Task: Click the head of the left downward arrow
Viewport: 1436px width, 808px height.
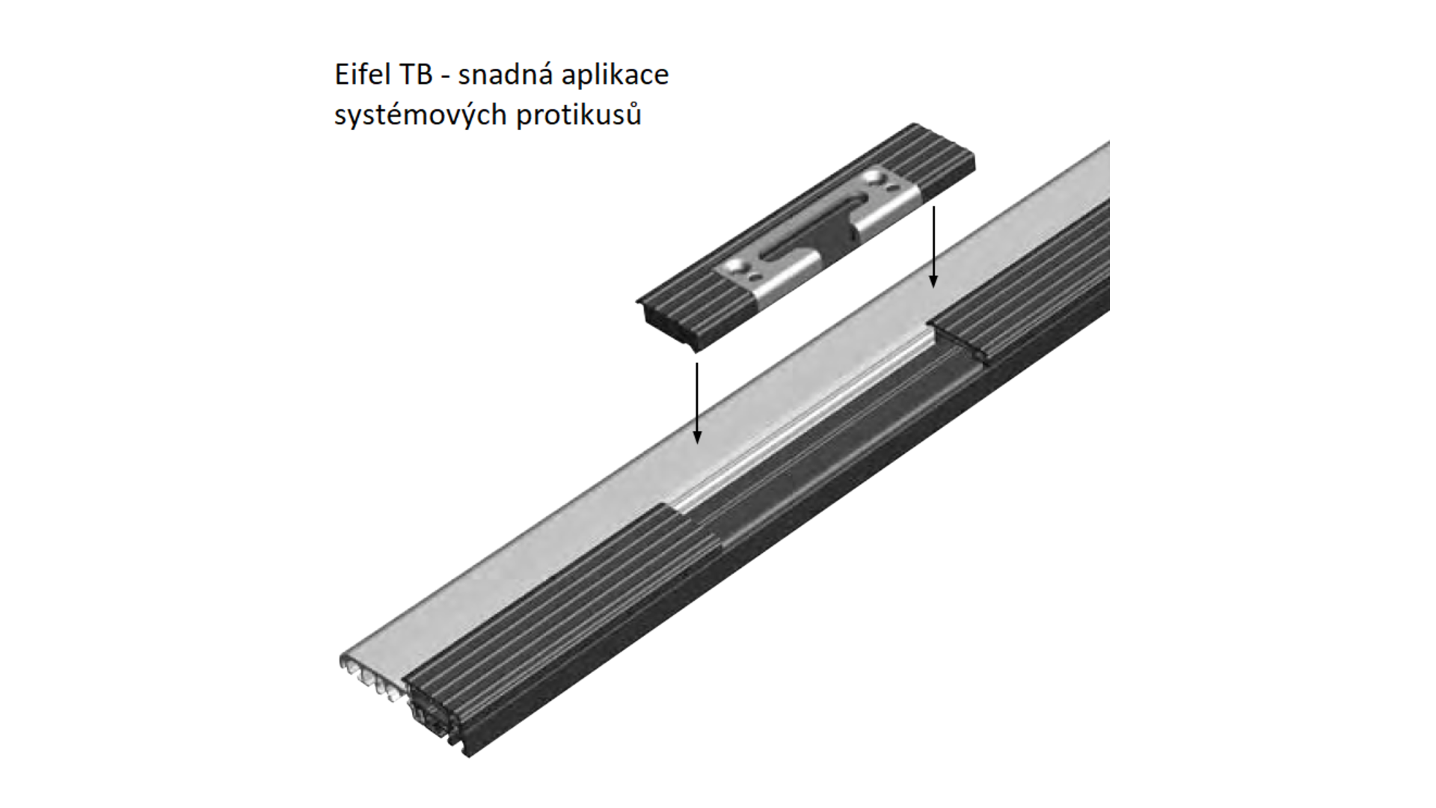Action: pyautogui.click(x=697, y=436)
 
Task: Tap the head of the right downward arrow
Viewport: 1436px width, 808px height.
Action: pyautogui.click(x=933, y=281)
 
